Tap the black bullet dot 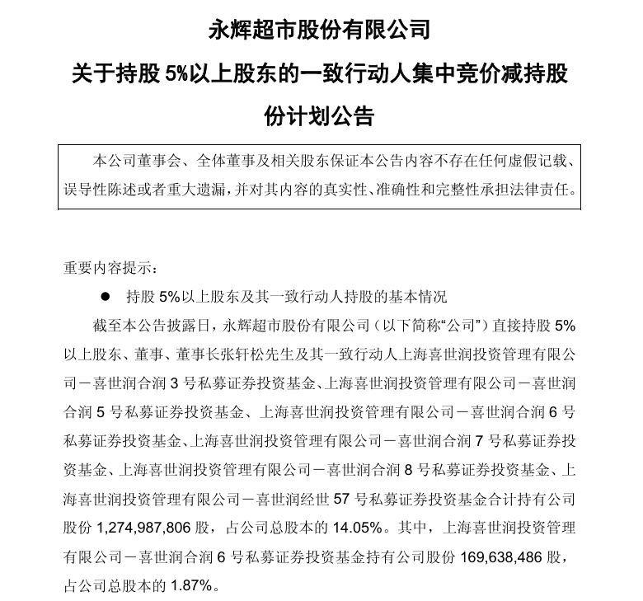(x=104, y=296)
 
